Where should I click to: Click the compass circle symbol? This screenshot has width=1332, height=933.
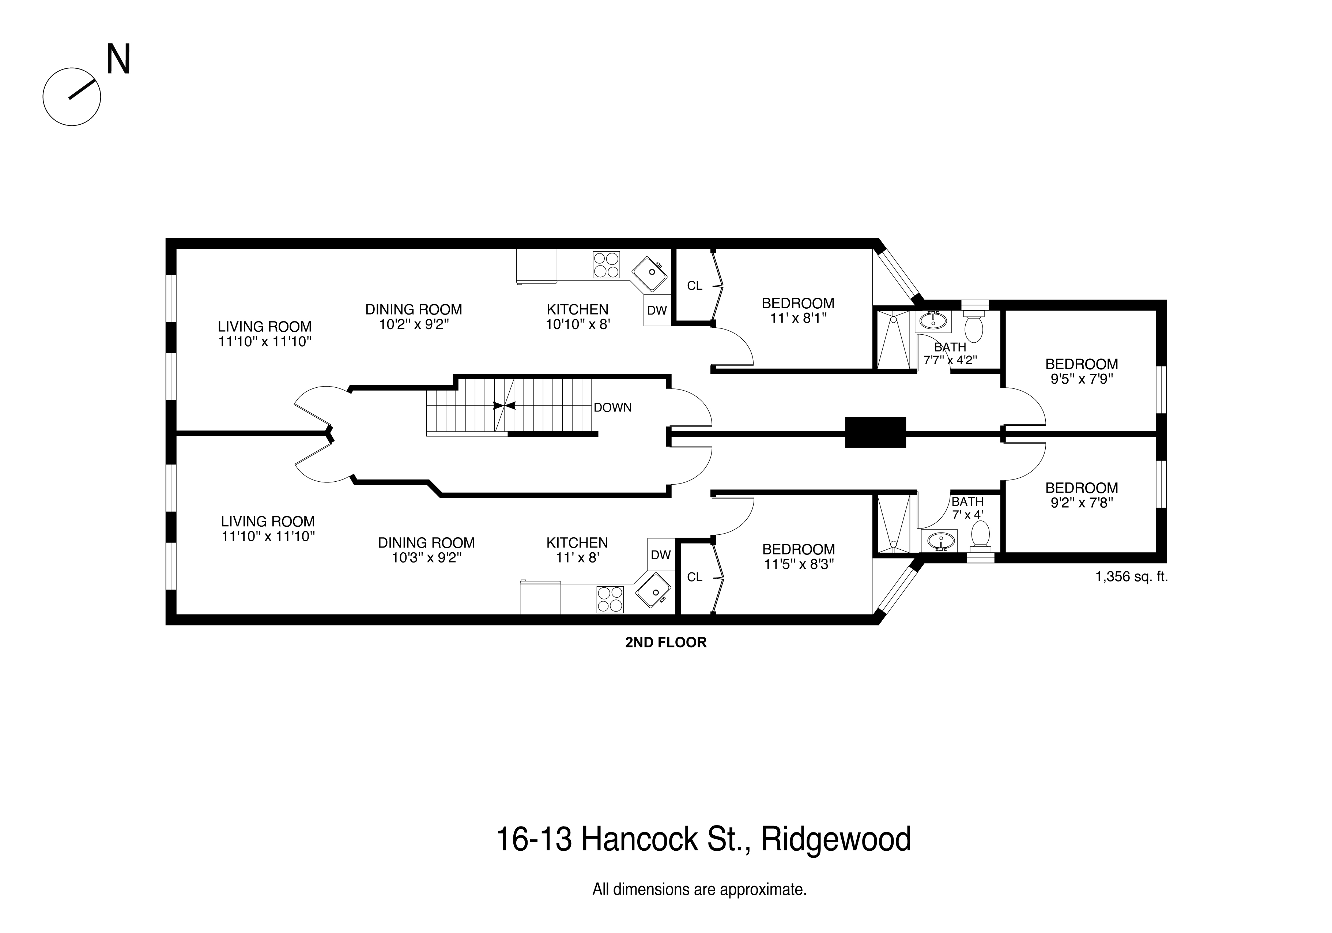[x=72, y=97]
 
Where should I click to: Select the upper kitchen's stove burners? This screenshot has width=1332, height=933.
[x=605, y=264]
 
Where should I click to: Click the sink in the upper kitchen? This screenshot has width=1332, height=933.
[x=650, y=274]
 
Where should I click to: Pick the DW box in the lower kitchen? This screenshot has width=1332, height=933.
[x=660, y=555]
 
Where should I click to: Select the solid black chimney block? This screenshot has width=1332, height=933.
[x=875, y=432]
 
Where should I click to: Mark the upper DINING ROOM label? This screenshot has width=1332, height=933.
[x=413, y=309]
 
